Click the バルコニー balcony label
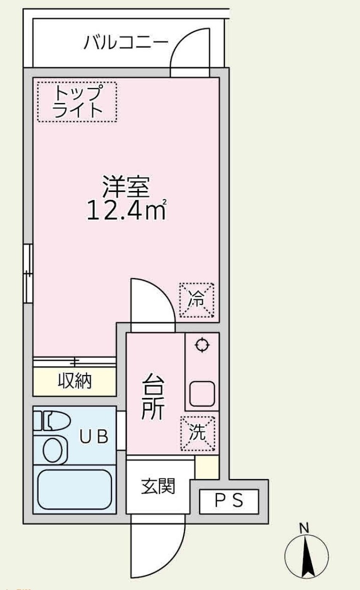[x=126, y=42]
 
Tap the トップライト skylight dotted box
[x=77, y=102]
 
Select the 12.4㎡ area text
[x=127, y=210]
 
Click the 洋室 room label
[x=126, y=187]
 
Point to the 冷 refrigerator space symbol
[x=196, y=300]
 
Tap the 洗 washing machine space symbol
[x=198, y=433]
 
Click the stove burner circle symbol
[x=202, y=344]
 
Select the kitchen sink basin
[x=202, y=394]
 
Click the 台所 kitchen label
[x=153, y=397]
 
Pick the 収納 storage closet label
[x=75, y=381]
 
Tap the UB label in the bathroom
[x=94, y=437]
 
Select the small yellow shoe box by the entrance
[x=207, y=467]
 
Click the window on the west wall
[x=28, y=274]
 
